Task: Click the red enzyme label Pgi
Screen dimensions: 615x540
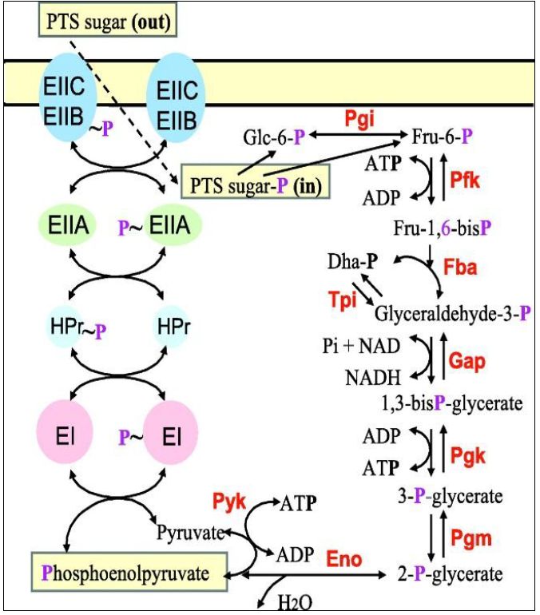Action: (x=360, y=117)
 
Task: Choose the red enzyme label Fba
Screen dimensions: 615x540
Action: (x=461, y=268)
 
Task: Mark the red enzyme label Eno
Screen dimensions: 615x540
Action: (x=343, y=553)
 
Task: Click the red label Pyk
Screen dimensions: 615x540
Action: (x=230, y=502)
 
